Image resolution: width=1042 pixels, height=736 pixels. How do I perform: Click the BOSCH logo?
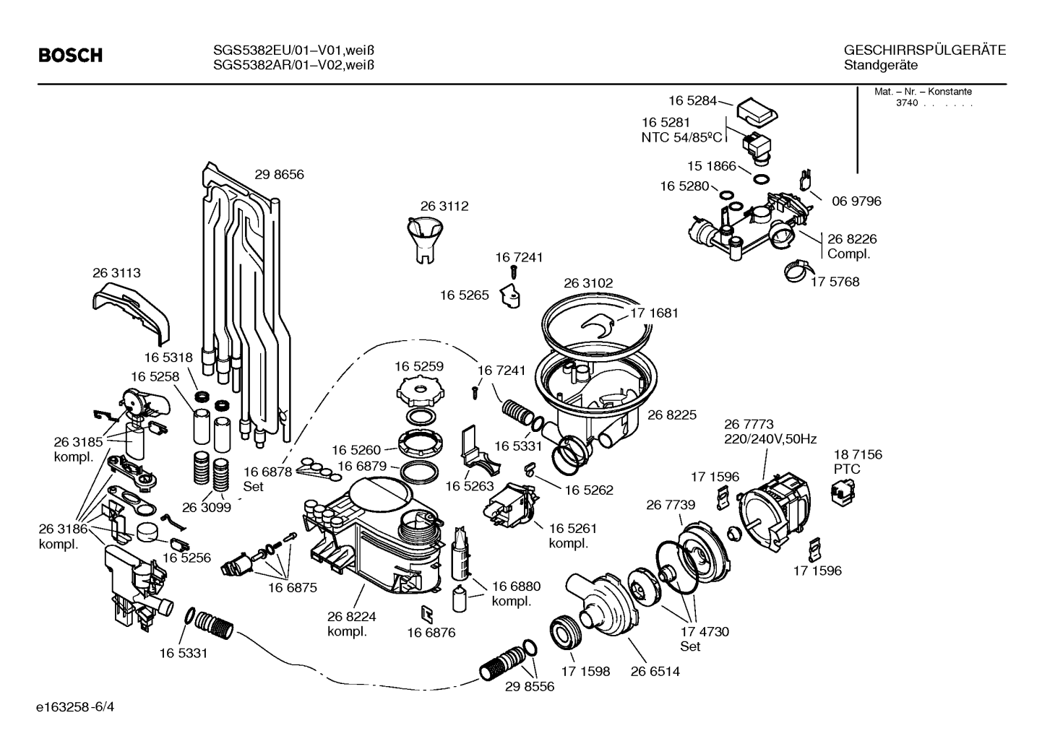pos(71,56)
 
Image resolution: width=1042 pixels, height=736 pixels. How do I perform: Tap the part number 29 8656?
pos(279,174)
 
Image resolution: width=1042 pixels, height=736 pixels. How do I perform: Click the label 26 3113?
pos(116,273)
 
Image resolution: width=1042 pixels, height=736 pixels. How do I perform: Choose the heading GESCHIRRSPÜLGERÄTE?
pos(925,51)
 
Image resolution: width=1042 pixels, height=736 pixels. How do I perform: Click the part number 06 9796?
pos(856,202)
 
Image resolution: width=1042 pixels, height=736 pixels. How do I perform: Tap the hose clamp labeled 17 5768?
pos(800,271)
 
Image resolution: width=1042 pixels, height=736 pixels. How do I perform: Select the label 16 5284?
pos(693,101)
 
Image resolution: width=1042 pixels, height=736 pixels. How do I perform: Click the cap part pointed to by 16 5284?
pos(757,112)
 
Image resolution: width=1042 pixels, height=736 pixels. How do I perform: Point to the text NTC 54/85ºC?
pos(681,138)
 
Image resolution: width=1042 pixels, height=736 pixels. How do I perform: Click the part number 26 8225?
pos(672,415)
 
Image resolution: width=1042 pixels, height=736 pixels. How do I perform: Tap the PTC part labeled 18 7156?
pos(843,493)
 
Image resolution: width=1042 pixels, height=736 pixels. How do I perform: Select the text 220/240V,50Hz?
pos(770,439)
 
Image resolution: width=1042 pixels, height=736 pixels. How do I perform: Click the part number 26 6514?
pos(655,672)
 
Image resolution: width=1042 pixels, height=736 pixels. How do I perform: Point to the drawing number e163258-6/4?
pos(75,707)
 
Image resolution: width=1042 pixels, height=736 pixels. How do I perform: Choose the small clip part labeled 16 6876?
pos(427,614)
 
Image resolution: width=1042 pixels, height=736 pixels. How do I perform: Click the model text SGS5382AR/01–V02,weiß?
pos(293,65)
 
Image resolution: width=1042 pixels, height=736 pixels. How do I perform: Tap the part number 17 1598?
pos(585,672)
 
